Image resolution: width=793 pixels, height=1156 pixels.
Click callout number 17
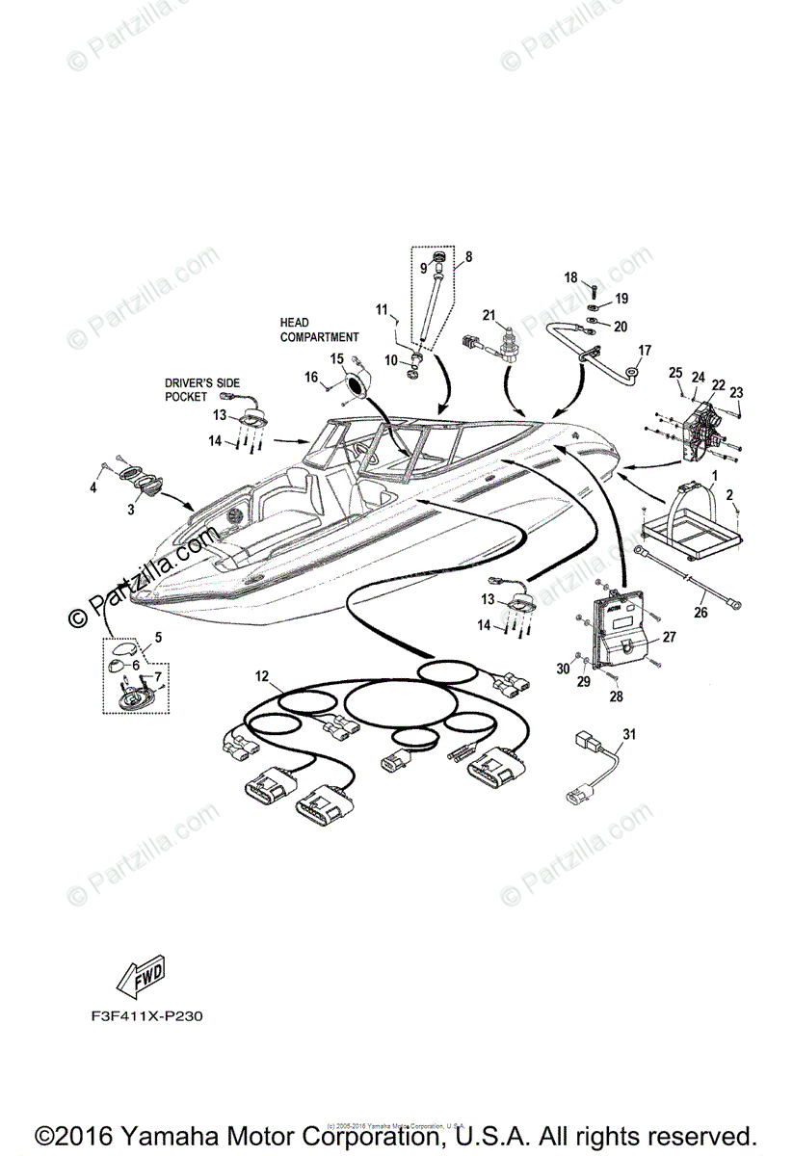[x=645, y=350]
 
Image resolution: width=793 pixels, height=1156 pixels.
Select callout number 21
[x=489, y=316]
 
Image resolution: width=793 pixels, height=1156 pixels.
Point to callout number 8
[x=468, y=257]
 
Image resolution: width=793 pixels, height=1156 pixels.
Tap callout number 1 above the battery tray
[x=714, y=476]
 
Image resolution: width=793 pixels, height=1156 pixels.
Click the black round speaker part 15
[x=355, y=385]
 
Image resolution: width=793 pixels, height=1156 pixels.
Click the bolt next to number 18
[x=594, y=287]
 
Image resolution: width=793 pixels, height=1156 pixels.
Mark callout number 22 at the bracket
[x=718, y=383]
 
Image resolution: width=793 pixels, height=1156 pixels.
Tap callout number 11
[x=382, y=309]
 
